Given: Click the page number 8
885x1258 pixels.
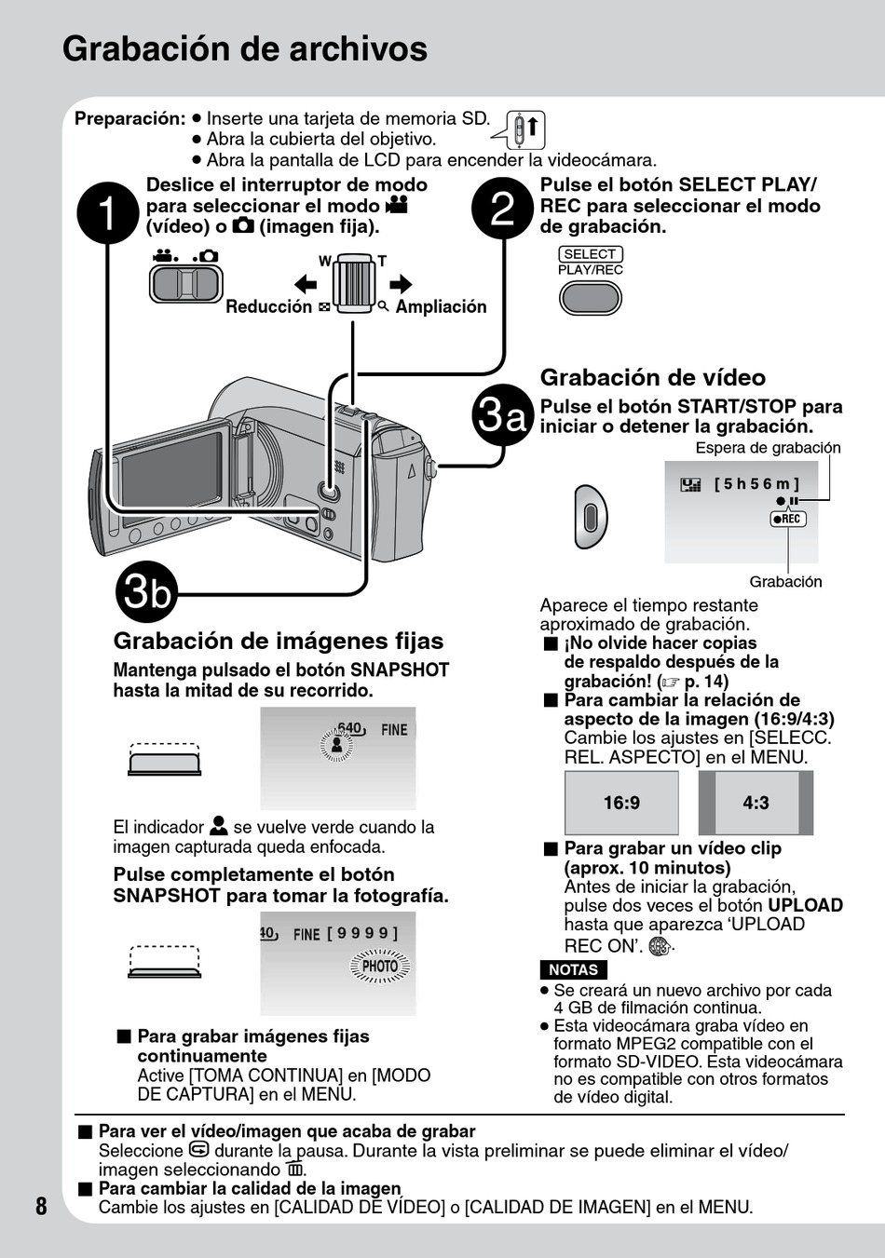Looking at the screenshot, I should pyautogui.click(x=41, y=1206).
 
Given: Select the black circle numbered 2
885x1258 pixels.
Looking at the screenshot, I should pyautogui.click(x=503, y=209).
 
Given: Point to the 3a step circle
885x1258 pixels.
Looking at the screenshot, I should pyautogui.click(x=503, y=415).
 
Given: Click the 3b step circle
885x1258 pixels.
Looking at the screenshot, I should pyautogui.click(x=147, y=592).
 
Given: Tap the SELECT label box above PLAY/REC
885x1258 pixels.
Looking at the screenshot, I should pyautogui.click(x=590, y=253).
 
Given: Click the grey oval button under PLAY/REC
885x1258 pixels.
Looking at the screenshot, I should pyautogui.click(x=590, y=298).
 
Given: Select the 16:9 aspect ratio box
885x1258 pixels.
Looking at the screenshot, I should pyautogui.click(x=621, y=803).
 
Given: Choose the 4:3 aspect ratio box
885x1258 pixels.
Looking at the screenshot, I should pyautogui.click(x=756, y=803).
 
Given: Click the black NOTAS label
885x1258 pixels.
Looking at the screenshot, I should pyautogui.click(x=573, y=969).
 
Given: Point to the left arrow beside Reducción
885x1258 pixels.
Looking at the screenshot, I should pyautogui.click(x=306, y=283).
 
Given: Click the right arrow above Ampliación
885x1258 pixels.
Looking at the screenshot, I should pyautogui.click(x=401, y=283).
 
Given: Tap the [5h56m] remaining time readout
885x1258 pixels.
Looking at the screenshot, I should pyautogui.click(x=756, y=484).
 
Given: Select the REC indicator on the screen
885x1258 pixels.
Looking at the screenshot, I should pyautogui.click(x=788, y=519).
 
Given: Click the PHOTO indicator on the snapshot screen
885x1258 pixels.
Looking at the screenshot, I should pyautogui.click(x=380, y=967).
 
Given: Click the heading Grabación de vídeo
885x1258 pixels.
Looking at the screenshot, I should pyautogui.click(x=652, y=377).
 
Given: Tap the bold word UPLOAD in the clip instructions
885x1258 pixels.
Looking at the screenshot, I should pyautogui.click(x=805, y=905).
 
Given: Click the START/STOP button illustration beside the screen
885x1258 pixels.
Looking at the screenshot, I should pyautogui.click(x=591, y=516).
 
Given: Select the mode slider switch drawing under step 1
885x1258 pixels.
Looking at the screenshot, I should pyautogui.click(x=186, y=284).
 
